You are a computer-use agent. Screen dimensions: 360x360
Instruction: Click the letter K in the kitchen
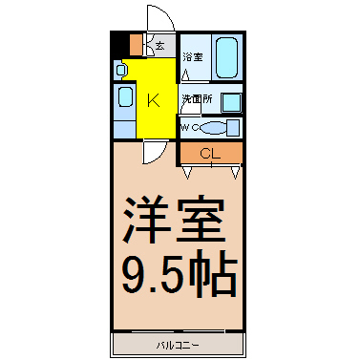pos(153,100)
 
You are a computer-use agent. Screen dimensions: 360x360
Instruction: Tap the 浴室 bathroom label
pos(193,57)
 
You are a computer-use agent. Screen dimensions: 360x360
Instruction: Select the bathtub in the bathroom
pos(226,57)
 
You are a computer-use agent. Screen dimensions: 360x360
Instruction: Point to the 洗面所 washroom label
pos(197,99)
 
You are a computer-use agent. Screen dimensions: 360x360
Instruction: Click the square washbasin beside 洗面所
pos(231,103)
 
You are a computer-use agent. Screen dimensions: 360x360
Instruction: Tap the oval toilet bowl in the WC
pos(213,128)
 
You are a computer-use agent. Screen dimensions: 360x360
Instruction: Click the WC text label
pos(190,128)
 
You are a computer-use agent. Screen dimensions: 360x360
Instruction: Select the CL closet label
pos(210,154)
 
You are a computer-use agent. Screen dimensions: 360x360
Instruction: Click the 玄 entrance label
pos(159,46)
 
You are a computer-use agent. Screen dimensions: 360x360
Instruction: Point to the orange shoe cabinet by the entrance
pos(137,45)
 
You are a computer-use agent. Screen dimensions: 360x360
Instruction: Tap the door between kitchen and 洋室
pos(155,152)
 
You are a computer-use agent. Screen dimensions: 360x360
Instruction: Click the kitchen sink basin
pos(125,96)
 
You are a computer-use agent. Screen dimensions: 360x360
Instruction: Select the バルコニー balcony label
pos(179,346)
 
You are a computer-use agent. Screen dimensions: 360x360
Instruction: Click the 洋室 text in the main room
pos(175,220)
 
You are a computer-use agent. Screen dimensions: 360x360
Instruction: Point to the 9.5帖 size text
pos(180,274)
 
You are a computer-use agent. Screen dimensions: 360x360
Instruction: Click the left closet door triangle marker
pos(187,172)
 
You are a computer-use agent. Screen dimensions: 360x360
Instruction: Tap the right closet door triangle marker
pos(235,172)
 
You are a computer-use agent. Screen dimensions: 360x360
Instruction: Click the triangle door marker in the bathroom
pos(185,75)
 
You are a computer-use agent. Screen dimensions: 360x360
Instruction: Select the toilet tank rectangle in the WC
pos(234,127)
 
